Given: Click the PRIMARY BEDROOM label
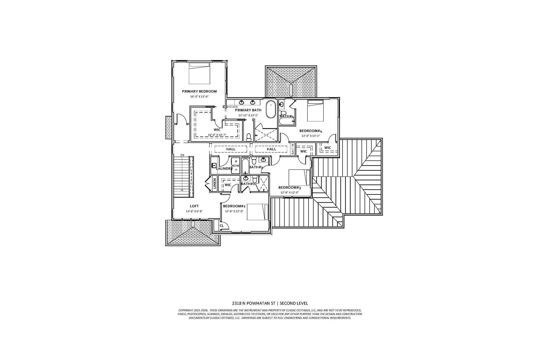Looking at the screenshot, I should tap(199, 91).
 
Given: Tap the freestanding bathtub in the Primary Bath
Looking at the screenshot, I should tap(271, 109).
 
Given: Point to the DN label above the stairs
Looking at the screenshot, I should tap(182, 155).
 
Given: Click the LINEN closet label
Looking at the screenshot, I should tap(215, 184).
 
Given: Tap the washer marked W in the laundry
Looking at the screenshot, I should tap(236, 161).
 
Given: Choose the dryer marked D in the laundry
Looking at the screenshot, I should tap(236, 169).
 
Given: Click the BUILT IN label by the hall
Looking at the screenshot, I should tap(293, 149).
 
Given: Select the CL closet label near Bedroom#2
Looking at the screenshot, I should tap(222, 225).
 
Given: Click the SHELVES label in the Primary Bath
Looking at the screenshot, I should tap(232, 107).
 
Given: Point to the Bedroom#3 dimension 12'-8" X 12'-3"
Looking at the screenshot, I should tap(289, 193).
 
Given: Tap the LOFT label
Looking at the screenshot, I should tap(194, 206).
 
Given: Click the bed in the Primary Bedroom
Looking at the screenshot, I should tap(199, 73).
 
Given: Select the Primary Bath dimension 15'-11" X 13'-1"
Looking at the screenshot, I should tap(248, 115).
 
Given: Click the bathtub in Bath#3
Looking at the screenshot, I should tap(245, 166).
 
